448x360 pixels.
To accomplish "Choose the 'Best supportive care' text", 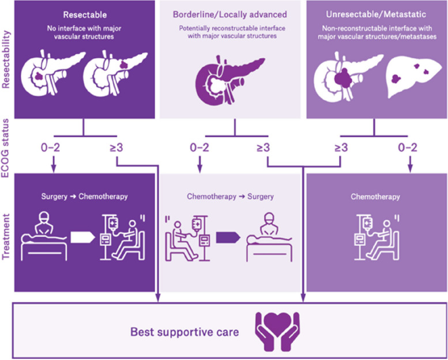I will coord(184,332).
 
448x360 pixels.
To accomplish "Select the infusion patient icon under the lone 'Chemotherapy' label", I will coord(375,236).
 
